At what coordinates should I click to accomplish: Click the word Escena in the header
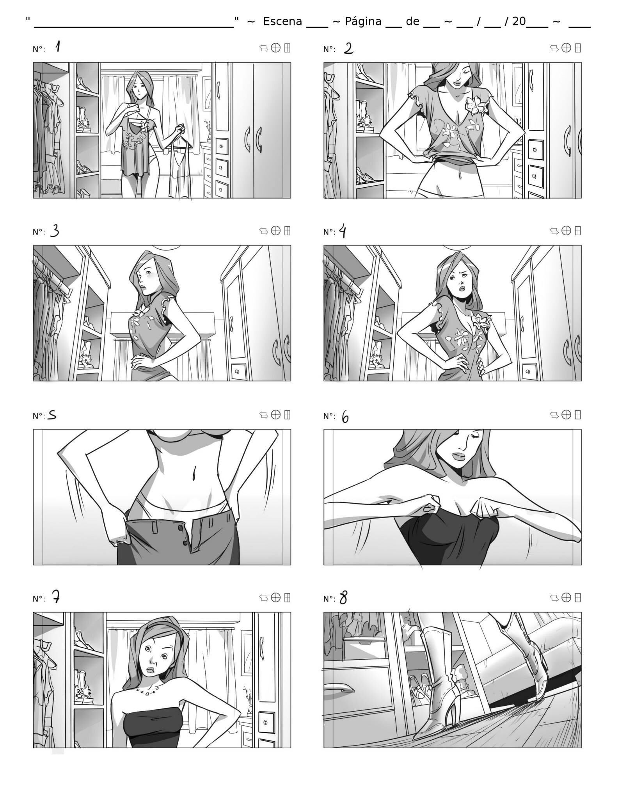(x=282, y=21)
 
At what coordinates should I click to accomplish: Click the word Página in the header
(x=363, y=21)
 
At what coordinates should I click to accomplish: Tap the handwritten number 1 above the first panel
(x=58, y=47)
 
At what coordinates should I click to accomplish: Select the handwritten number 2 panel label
(x=348, y=48)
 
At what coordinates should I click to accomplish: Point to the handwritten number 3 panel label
(x=55, y=231)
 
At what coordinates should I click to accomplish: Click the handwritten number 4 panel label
(x=343, y=232)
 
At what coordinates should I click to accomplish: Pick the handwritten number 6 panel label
(x=345, y=417)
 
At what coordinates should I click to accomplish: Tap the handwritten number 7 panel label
(x=56, y=597)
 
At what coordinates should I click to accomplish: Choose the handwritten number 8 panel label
(x=343, y=598)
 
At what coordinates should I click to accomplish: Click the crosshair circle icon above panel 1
(x=276, y=48)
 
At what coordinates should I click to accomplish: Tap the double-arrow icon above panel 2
(x=554, y=48)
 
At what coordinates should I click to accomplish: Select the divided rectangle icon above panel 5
(x=288, y=414)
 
